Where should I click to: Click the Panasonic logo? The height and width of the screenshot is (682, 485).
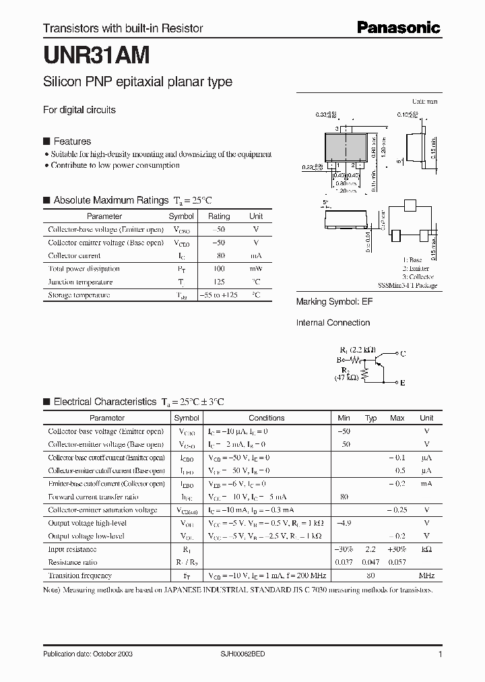pyautogui.click(x=398, y=28)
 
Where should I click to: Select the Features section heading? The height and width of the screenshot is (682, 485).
pyautogui.click(x=72, y=142)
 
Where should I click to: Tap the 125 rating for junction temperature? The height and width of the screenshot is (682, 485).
pyautogui.click(x=218, y=282)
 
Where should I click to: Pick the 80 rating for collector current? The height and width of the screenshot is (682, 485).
pyautogui.click(x=218, y=255)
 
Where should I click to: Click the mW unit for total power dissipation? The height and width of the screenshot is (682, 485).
pyautogui.click(x=256, y=269)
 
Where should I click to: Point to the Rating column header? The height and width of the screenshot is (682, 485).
pyautogui.click(x=218, y=216)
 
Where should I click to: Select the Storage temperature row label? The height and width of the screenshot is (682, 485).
pyautogui.click(x=79, y=295)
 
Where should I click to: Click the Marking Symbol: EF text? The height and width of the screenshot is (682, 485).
pyautogui.click(x=334, y=302)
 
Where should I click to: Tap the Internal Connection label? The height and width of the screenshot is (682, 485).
pyautogui.click(x=333, y=323)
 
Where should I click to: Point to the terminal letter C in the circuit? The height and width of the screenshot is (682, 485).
pyautogui.click(x=403, y=353)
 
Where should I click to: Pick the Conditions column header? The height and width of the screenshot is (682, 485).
pyautogui.click(x=267, y=418)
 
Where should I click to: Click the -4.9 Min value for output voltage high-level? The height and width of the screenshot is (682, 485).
pyautogui.click(x=344, y=522)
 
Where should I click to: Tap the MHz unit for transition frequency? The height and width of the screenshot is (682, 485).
pyautogui.click(x=426, y=576)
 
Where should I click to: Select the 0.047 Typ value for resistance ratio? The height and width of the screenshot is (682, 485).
pyautogui.click(x=370, y=561)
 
